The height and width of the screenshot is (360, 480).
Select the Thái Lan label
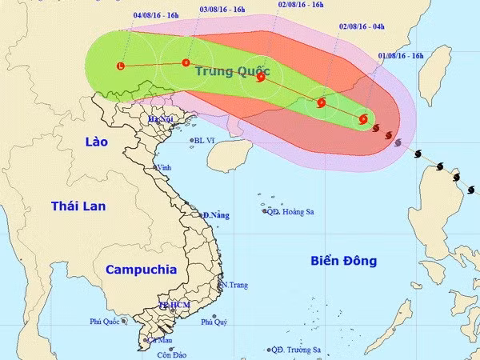pyautogui.click(x=78, y=206)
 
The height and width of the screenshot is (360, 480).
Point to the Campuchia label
pyautogui.click(x=141, y=270)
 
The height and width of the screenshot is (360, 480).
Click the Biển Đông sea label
pyautogui.click(x=343, y=261)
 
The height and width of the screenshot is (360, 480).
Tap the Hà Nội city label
pyautogui.click(x=160, y=119)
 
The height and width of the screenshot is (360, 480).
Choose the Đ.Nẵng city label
pyautogui.click(x=216, y=215)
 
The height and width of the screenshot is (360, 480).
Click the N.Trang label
pyautogui.click(x=234, y=285)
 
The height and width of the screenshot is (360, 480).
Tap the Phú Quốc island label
pyautogui.click(x=104, y=322)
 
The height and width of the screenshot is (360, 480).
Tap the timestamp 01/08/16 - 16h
pyautogui.click(x=401, y=56)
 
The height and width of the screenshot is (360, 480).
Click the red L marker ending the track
pyautogui.click(x=121, y=66)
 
